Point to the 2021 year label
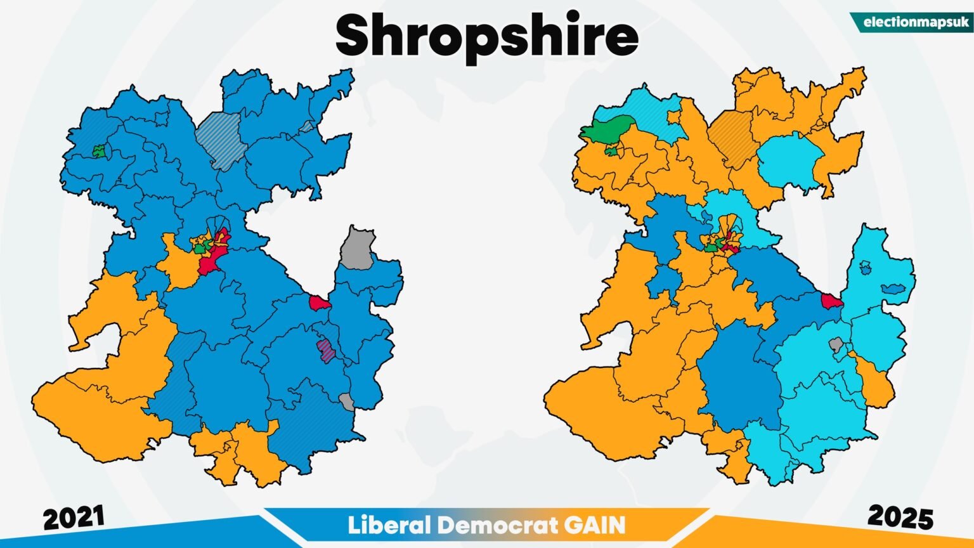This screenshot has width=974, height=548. click(x=74, y=519)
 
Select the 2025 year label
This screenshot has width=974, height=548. click(x=900, y=518)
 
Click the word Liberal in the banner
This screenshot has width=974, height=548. click(x=388, y=525)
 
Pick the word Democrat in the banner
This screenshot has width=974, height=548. click(x=497, y=525)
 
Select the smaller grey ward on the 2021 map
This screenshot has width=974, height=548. click(x=347, y=401)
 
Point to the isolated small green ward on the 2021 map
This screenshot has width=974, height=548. click(x=98, y=151)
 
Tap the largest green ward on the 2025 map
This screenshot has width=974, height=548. click(x=607, y=129)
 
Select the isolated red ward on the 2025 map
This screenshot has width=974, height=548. click(x=831, y=300)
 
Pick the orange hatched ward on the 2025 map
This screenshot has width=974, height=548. click(x=730, y=136)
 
